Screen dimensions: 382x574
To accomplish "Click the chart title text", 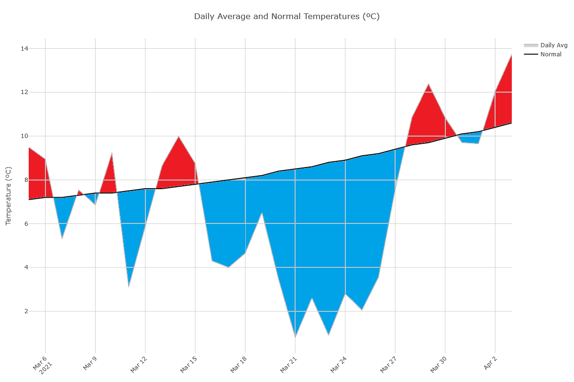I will (287, 17).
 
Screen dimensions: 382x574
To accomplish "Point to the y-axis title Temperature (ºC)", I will (8, 196).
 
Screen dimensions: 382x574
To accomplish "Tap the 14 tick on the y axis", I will (24, 49).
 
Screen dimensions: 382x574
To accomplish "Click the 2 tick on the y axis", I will (26, 311).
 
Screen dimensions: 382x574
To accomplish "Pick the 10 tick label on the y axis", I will (24, 136).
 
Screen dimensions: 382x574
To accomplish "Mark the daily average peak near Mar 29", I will (429, 84).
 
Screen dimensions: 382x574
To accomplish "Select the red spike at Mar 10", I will (112, 153).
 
